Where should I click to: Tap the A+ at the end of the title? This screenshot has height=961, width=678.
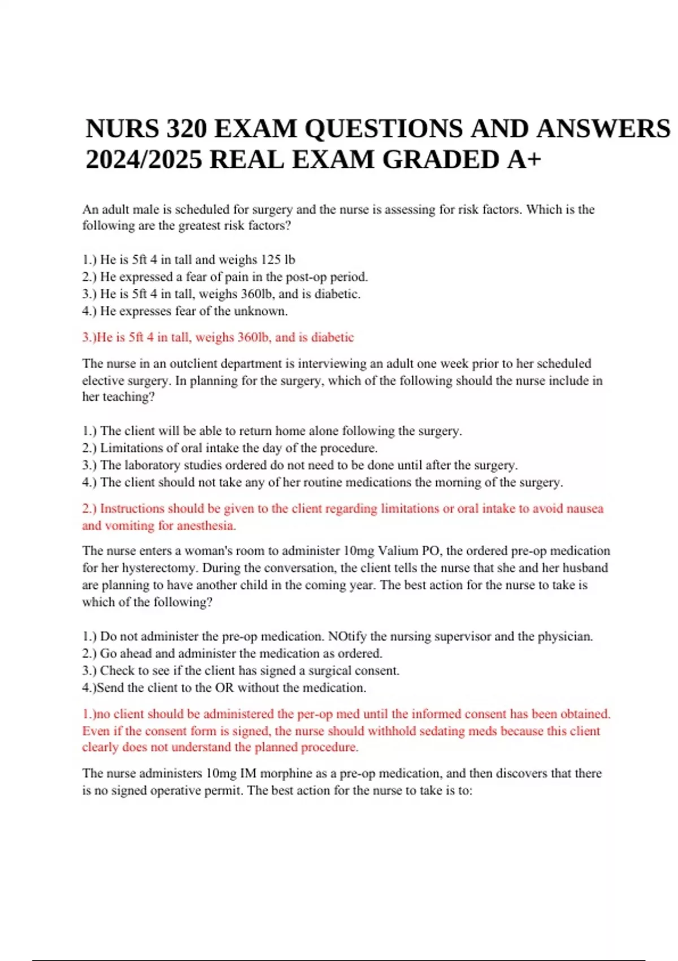(x=524, y=159)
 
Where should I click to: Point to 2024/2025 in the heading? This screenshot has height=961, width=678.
(x=144, y=159)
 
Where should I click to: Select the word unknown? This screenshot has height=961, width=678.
(x=260, y=311)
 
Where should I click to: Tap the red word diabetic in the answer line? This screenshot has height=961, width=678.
(x=332, y=337)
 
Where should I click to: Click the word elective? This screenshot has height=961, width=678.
(x=103, y=380)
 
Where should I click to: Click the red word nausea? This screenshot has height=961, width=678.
(x=584, y=509)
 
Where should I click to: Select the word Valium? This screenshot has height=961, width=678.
(x=398, y=551)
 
